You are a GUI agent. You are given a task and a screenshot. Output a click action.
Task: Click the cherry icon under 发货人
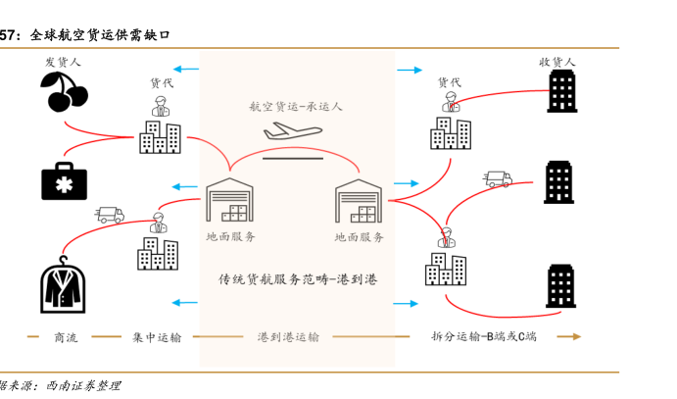click(64, 92)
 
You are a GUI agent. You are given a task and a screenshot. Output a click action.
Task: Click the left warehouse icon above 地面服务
click(230, 202)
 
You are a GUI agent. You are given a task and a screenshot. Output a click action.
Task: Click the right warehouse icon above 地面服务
click(360, 202)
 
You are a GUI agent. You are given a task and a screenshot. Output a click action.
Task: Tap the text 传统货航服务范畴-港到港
click(297, 279)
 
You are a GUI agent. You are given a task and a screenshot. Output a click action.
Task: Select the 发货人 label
click(63, 62)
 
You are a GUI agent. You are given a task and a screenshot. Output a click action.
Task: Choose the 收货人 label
click(558, 62)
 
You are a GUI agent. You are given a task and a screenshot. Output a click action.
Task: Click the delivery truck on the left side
click(110, 214)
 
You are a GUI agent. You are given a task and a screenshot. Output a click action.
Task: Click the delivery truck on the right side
click(498, 179)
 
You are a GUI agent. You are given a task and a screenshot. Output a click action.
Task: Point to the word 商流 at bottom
click(66, 337)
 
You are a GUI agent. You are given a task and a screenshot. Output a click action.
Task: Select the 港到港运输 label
click(288, 337)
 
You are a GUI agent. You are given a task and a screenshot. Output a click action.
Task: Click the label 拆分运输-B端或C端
click(484, 337)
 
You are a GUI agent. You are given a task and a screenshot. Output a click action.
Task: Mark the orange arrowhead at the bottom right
click(575, 337)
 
